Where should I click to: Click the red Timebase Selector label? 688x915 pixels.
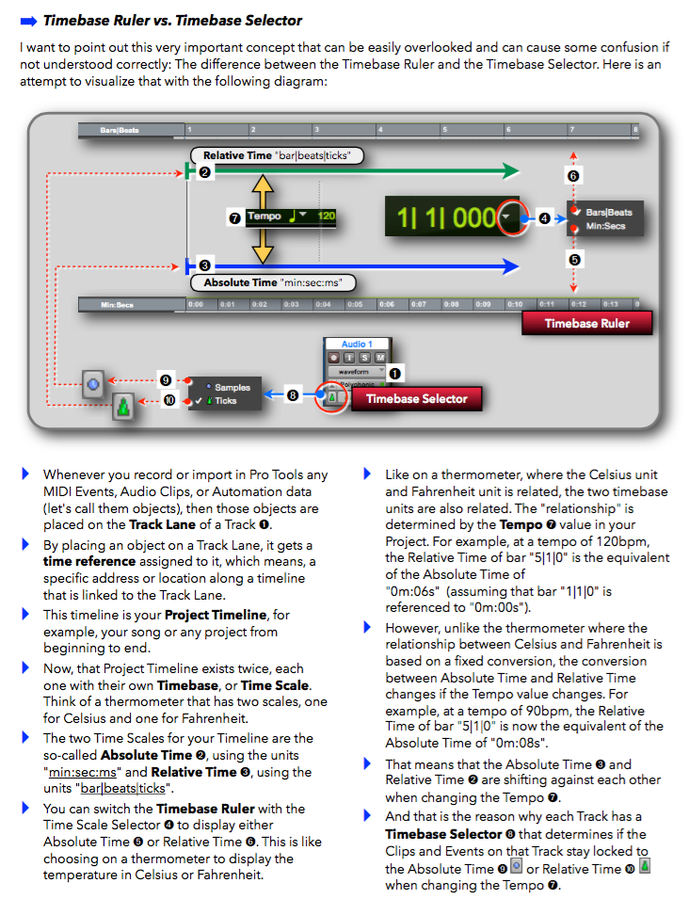416,399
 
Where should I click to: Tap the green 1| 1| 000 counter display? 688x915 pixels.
445,217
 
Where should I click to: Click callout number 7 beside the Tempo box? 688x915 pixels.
234,217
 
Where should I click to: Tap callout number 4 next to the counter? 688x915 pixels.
544,218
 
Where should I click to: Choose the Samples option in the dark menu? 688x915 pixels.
232,387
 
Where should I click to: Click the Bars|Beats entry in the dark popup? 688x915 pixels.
608,213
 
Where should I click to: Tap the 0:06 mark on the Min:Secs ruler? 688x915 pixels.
387,304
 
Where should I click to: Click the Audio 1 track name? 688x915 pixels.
358,345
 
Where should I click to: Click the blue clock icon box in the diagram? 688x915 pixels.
92,384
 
